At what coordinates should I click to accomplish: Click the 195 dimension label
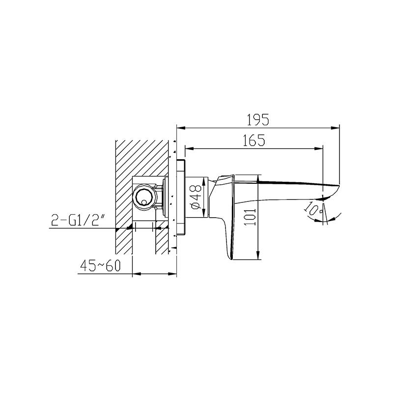[258, 119]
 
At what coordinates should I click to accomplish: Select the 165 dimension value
[254, 140]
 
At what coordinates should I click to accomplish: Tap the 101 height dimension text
[250, 217]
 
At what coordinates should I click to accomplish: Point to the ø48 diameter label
[196, 197]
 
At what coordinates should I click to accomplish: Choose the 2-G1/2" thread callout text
[78, 220]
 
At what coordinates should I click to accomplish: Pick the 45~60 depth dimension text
[101, 265]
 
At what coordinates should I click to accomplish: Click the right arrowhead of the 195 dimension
[336, 128]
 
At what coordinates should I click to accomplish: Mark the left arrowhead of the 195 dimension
[181, 128]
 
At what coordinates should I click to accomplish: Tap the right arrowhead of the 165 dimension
[318, 149]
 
